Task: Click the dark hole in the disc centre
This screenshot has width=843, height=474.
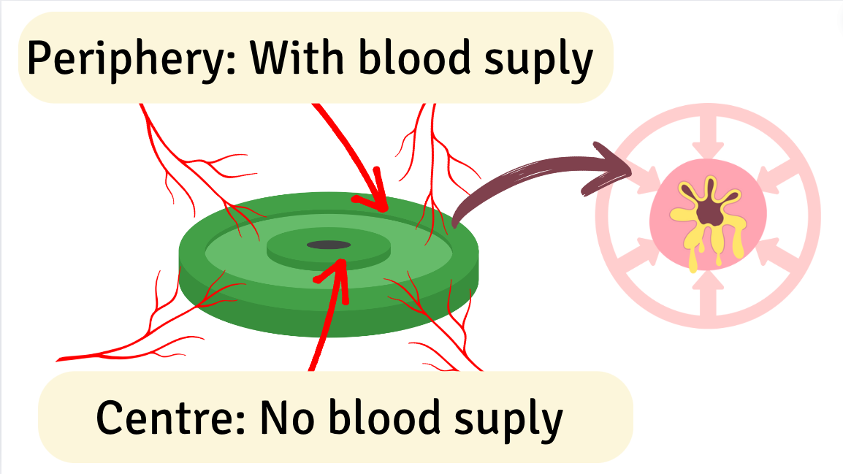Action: [x=328, y=245]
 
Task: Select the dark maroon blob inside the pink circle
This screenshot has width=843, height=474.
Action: [x=708, y=211]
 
